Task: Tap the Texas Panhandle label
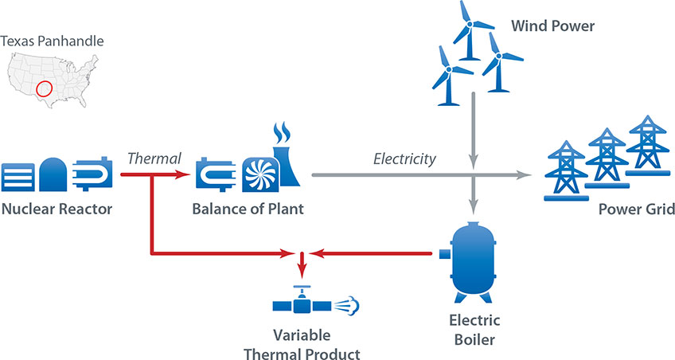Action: (x=52, y=41)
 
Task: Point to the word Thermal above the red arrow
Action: (x=154, y=158)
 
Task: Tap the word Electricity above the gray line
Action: (x=404, y=158)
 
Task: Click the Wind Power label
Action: (x=552, y=27)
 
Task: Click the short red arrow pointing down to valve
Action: (x=301, y=264)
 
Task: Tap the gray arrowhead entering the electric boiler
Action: (x=474, y=203)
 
